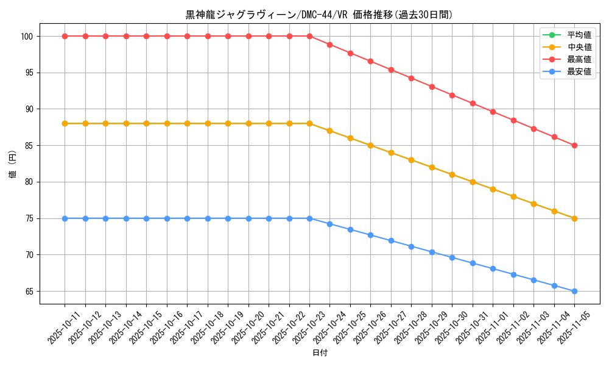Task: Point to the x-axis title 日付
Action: click(x=319, y=353)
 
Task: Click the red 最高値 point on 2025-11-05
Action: click(x=574, y=145)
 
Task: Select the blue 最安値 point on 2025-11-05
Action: click(x=574, y=291)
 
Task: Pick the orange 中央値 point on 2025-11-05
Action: click(x=574, y=218)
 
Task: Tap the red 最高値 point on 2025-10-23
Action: click(x=309, y=36)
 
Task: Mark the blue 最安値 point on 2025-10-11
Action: click(x=65, y=218)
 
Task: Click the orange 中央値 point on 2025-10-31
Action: click(x=473, y=182)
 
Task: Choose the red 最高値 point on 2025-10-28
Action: click(x=411, y=78)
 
